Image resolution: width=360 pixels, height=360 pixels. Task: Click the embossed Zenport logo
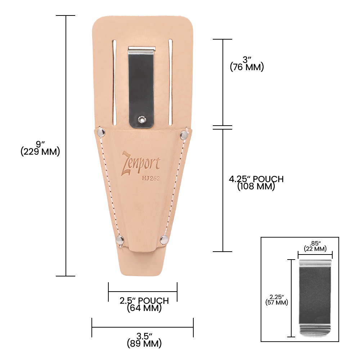click(x=141, y=163)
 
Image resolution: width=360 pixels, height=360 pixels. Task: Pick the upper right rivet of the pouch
click(x=184, y=135)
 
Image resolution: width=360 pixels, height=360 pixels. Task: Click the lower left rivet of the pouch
click(x=120, y=240)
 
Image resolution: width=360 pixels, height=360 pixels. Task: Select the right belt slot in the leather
click(x=171, y=81)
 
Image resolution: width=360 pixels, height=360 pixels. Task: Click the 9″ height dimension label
click(x=40, y=144)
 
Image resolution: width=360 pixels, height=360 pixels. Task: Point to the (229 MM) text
click(x=40, y=152)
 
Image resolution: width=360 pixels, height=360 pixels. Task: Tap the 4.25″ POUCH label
click(x=256, y=179)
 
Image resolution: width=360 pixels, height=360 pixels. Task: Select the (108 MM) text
click(x=256, y=186)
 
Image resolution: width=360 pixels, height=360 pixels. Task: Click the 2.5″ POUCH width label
click(x=144, y=301)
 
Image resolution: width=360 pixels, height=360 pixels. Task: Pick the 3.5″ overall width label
click(x=144, y=337)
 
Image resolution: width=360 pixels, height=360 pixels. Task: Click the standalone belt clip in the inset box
click(x=315, y=298)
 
